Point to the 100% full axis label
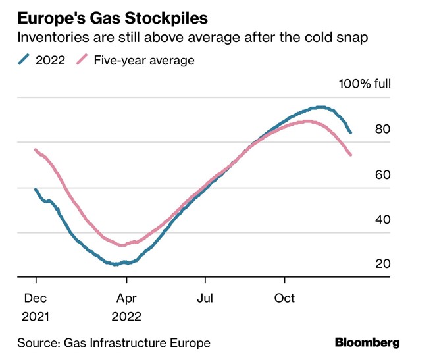365,84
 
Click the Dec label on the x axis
35,298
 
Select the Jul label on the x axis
207,298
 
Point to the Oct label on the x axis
285,298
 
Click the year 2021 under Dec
35,315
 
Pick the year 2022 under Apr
126,315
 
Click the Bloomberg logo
367,342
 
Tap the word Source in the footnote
36,342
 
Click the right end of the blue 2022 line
351,132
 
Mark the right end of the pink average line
351,155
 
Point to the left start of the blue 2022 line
36,190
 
